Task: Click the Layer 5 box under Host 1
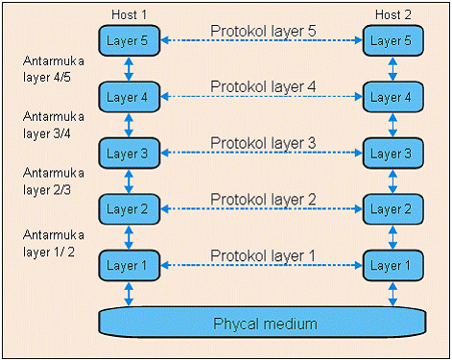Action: (x=128, y=41)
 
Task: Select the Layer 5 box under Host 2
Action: (x=392, y=41)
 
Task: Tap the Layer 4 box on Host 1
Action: (x=128, y=97)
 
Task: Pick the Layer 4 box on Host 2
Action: (x=392, y=97)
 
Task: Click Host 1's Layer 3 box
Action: (x=128, y=154)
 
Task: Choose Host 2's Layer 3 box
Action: (x=392, y=154)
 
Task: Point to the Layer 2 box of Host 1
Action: (x=128, y=209)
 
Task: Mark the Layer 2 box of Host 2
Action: (x=392, y=209)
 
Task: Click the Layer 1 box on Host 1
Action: (x=128, y=265)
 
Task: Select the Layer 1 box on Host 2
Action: (x=392, y=265)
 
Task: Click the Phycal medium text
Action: (x=264, y=324)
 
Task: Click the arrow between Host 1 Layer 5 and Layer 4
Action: (x=128, y=69)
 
